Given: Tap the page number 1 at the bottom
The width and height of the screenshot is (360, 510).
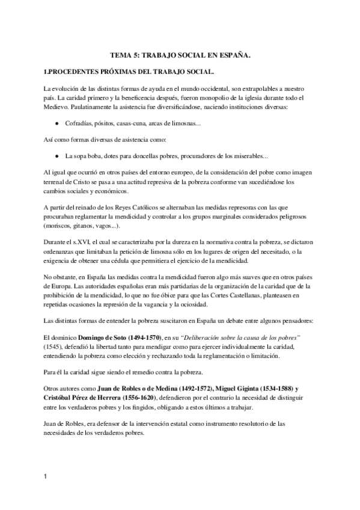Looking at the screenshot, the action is tap(46, 477).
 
